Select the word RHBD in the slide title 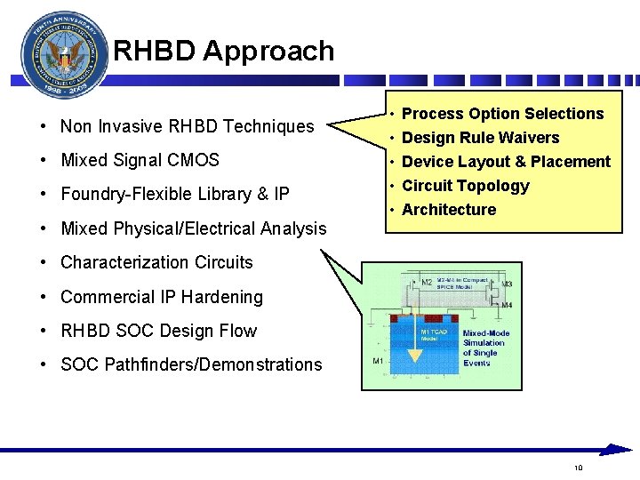(153, 52)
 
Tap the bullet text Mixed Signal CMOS (140, 161)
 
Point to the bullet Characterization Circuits (156, 263)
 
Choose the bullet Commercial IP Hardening (162, 297)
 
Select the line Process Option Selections (502, 114)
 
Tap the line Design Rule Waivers (480, 138)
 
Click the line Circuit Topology (465, 186)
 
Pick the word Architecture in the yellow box (449, 210)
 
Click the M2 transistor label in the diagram (427, 283)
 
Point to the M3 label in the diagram (507, 284)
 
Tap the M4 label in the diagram (507, 306)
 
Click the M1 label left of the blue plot (378, 361)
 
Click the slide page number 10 (578, 468)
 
